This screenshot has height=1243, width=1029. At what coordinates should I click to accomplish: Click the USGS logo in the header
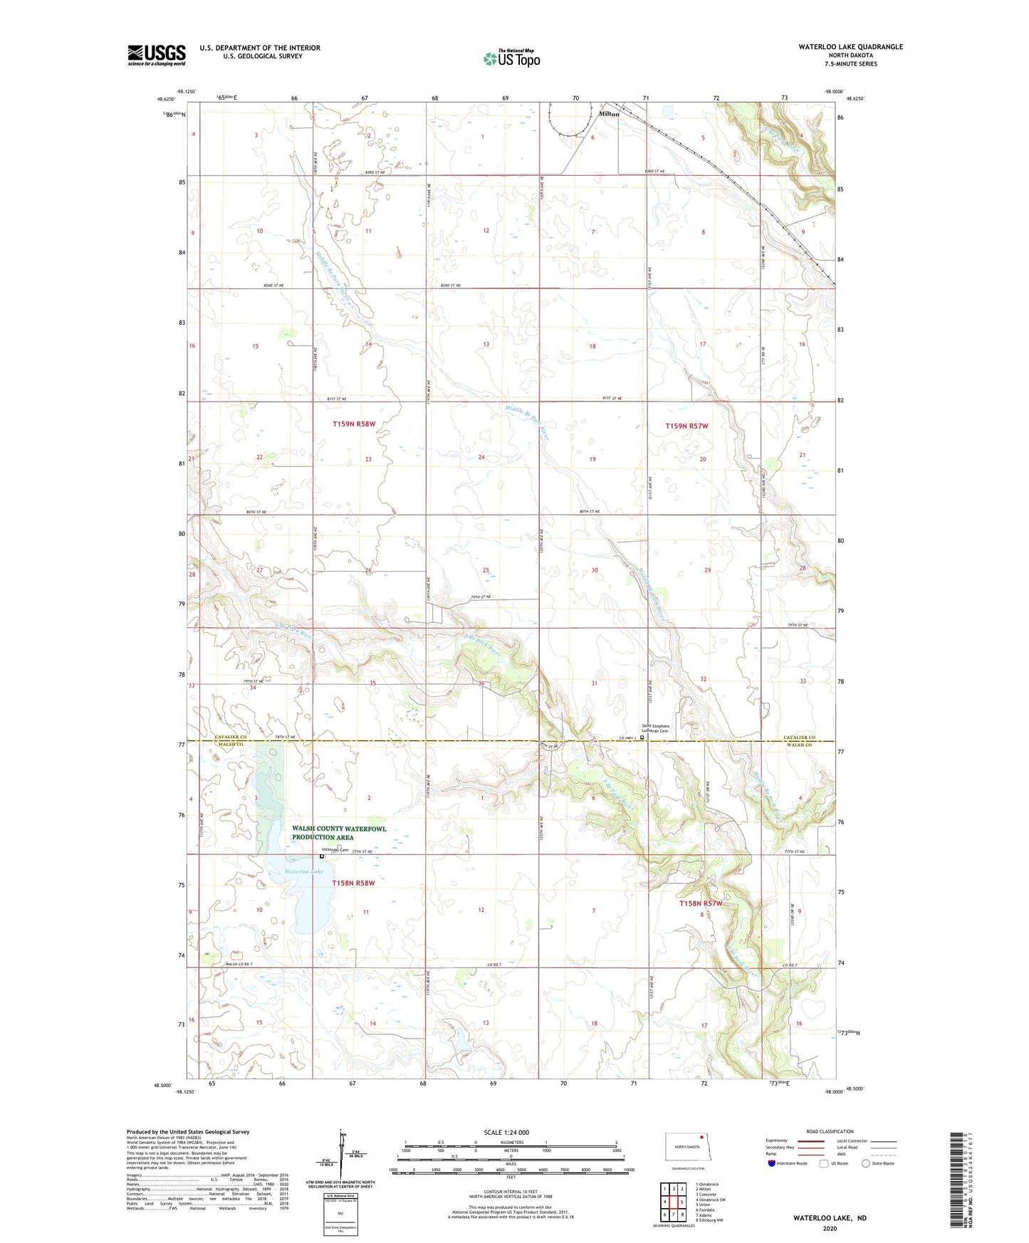[x=157, y=55]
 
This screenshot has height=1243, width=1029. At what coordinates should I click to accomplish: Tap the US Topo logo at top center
[x=511, y=58]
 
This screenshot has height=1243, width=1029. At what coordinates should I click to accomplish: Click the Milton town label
[x=609, y=114]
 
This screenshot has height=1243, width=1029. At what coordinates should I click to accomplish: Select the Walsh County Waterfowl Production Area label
[x=339, y=833]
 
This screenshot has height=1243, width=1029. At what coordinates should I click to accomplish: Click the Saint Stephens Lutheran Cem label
[x=655, y=728]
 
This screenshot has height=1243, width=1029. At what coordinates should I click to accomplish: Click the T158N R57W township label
[x=701, y=903]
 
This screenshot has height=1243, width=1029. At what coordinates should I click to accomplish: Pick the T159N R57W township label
[x=686, y=426]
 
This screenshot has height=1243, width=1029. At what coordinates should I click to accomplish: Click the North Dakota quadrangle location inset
[x=687, y=1147]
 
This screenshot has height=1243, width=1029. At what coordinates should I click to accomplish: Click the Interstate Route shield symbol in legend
[x=771, y=1163]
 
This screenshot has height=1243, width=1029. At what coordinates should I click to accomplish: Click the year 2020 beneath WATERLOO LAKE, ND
[x=830, y=1228]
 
